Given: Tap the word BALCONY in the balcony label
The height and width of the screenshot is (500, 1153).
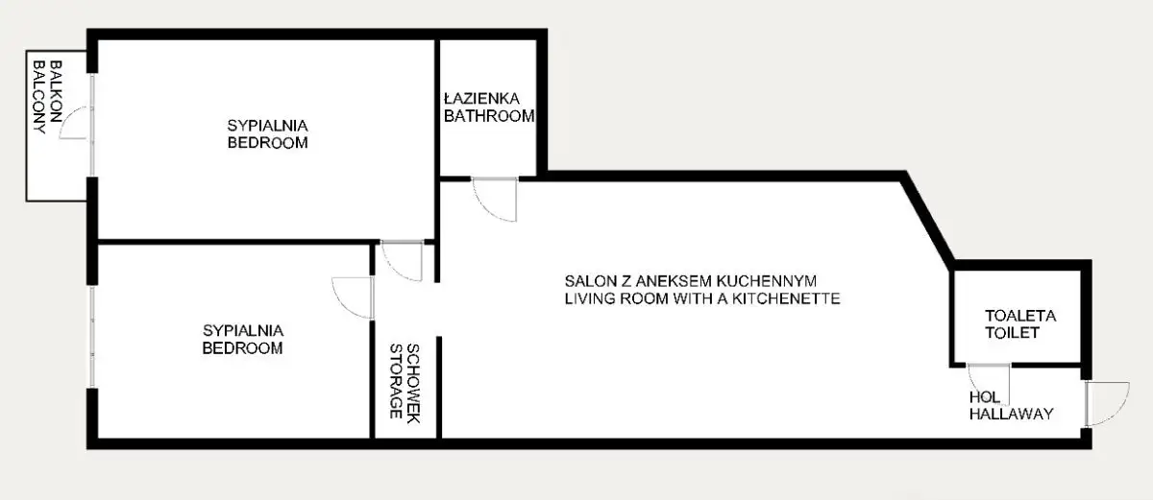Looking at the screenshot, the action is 39,98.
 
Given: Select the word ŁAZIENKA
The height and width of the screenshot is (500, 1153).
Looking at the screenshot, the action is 481,98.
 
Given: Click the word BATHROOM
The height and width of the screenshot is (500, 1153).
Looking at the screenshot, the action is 489,116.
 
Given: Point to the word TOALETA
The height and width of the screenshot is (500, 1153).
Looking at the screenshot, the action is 1020,316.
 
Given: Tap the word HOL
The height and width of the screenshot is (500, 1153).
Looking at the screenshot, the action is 985,397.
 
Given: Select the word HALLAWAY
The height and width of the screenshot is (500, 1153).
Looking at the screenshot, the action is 1012,414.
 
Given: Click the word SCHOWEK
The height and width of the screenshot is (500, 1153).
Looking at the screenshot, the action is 413,383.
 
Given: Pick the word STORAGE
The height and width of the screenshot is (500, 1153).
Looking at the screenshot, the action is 396,381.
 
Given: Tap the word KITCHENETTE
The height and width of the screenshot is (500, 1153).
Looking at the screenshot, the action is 787,298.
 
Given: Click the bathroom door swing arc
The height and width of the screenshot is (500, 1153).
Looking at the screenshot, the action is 489,208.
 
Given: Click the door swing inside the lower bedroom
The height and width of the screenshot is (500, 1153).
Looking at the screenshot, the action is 341,303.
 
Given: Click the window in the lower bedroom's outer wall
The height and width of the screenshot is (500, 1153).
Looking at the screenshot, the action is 92,337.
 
